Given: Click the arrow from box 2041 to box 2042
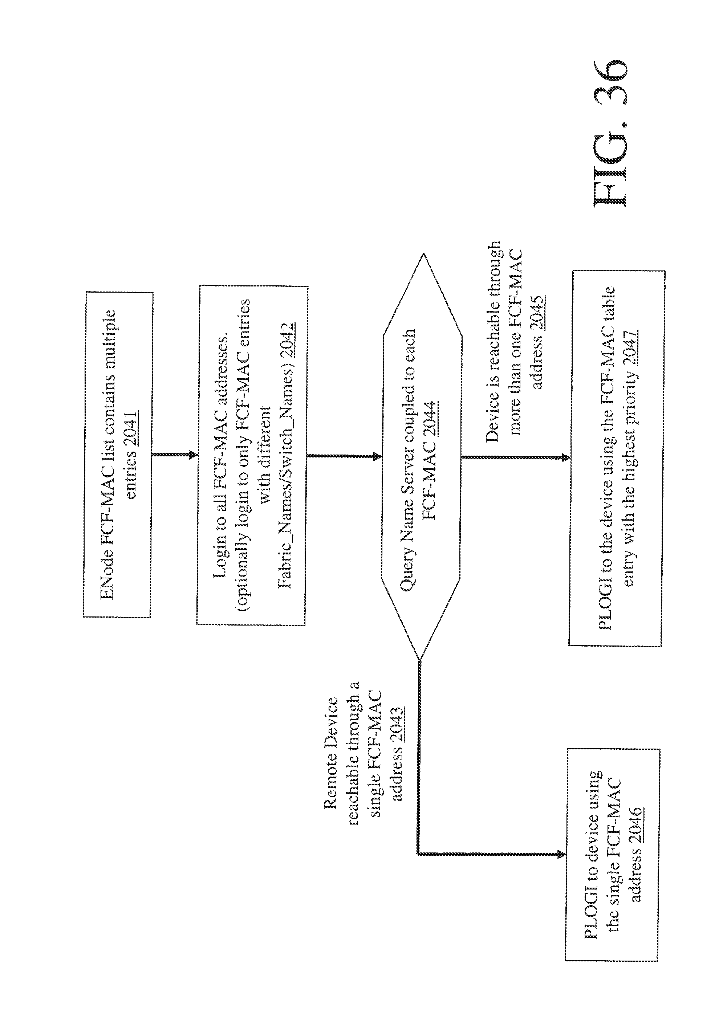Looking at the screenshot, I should point(175,455).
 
